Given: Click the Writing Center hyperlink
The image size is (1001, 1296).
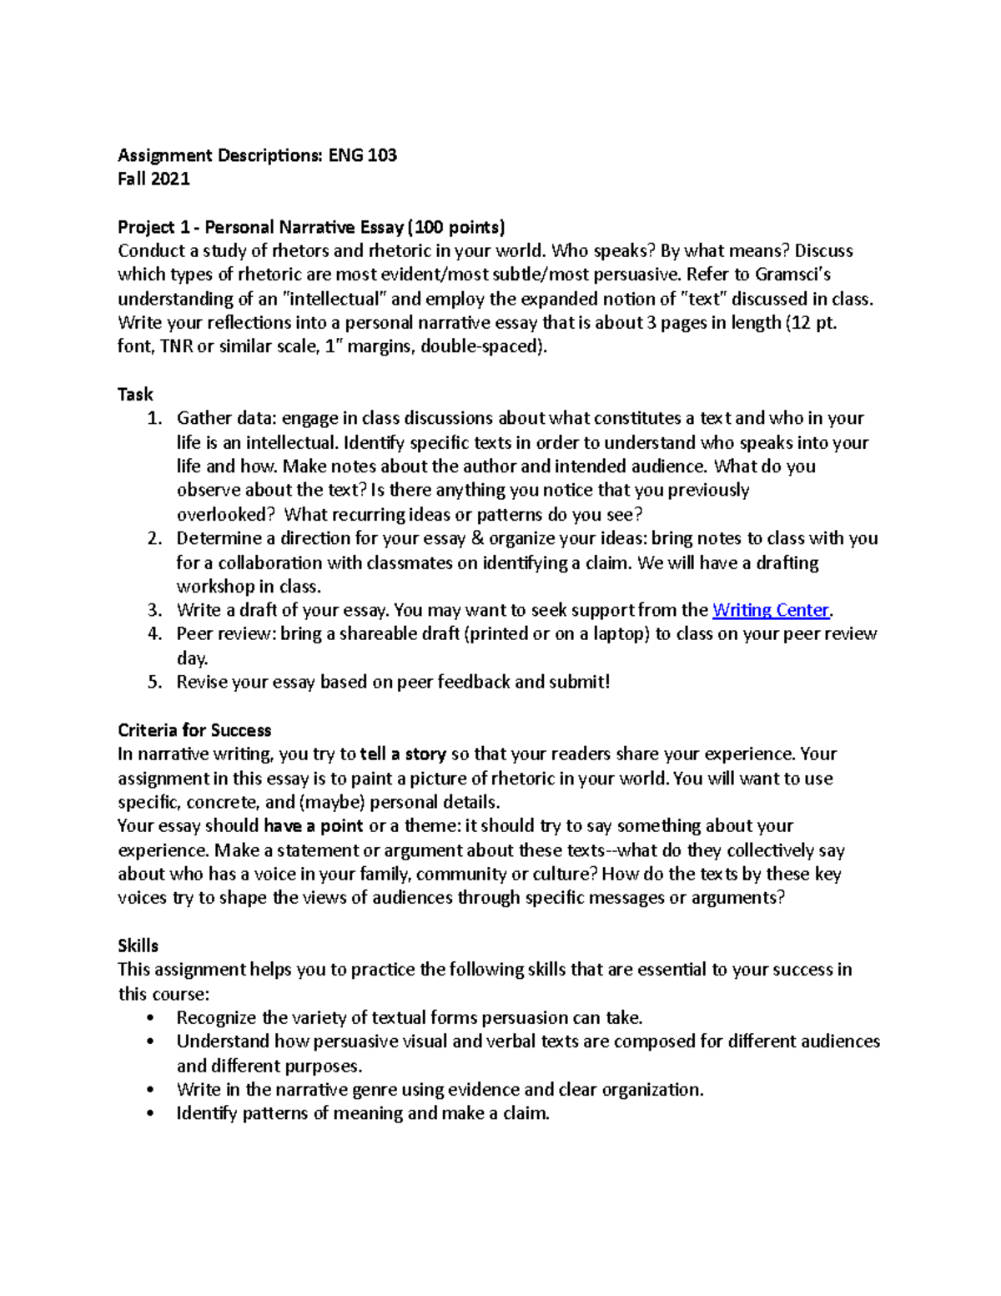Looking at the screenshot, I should point(771,610).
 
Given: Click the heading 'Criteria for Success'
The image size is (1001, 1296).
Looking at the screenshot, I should point(194,730).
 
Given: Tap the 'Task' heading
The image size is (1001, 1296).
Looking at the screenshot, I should point(135,394).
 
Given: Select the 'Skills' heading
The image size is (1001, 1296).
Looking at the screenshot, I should point(138,946).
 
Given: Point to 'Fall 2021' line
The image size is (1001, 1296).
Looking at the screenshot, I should point(153,179).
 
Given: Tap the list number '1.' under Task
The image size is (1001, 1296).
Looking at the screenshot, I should point(153,418).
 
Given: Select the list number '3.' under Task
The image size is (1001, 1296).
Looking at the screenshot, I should point(153,610).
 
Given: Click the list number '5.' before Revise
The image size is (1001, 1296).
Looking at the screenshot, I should point(153,682).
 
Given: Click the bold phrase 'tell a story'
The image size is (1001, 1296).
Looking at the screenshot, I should point(403,754).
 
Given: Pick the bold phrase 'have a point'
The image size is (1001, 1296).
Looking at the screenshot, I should point(314,826).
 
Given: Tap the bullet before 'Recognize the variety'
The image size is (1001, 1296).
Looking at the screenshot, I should point(150,1018).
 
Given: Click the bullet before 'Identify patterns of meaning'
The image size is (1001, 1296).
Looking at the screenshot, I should point(150,1114).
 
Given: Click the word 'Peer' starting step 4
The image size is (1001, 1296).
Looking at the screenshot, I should point(194,634).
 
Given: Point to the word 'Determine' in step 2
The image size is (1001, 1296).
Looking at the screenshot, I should point(218,538).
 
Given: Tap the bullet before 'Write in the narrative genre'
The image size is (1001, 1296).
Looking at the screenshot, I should point(150,1090).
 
